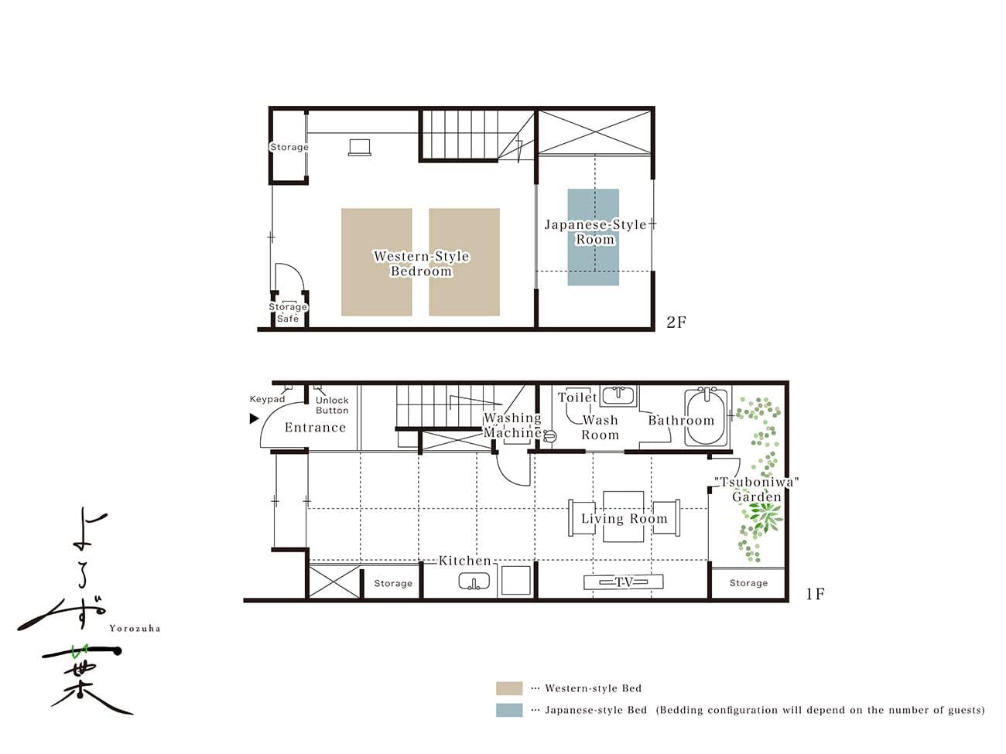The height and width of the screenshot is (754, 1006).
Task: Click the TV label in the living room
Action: [x=623, y=582]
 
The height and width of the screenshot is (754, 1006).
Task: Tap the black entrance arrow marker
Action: [x=254, y=418]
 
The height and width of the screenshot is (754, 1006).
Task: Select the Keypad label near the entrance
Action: [x=267, y=399]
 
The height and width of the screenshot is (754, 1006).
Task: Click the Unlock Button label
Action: [x=332, y=405]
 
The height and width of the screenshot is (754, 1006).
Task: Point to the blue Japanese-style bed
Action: [x=593, y=237]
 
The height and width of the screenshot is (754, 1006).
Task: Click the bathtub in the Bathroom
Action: [x=706, y=418]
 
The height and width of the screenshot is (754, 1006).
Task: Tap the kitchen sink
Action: [x=474, y=582]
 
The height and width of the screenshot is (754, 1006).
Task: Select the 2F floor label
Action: [x=676, y=322]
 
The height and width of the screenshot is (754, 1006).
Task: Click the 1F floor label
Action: [x=816, y=594]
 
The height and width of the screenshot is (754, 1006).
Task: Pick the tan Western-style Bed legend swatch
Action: [x=509, y=688]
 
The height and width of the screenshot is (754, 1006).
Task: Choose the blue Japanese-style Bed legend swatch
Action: [x=509, y=710]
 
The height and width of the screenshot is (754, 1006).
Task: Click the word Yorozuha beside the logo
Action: [x=135, y=629]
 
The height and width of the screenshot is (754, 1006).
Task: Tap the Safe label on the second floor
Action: [x=288, y=319]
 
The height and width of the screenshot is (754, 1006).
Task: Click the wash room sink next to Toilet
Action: [x=619, y=396]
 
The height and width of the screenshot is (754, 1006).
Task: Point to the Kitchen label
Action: [x=465, y=561]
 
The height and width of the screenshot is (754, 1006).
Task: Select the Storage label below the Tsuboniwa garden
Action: [x=748, y=583]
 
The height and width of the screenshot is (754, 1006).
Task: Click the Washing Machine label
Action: [x=513, y=425]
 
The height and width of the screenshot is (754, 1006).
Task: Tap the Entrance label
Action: [x=315, y=428]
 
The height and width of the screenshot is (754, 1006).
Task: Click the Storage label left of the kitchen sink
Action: [x=393, y=583]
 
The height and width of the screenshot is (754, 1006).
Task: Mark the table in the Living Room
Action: [x=623, y=517]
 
